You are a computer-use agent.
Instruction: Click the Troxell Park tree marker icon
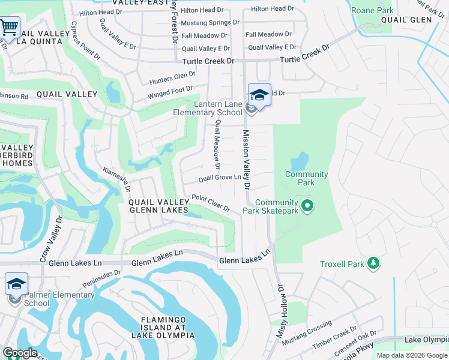[373, 263]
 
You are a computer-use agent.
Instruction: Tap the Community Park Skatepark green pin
[308, 206]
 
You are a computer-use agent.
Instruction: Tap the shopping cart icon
[8, 27]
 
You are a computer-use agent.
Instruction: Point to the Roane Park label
[372, 11]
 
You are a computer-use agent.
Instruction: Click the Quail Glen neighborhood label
[406, 20]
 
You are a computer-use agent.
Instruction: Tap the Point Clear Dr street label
[211, 203]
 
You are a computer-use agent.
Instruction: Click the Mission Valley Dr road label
[246, 158]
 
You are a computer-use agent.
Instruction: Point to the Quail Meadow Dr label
[217, 145]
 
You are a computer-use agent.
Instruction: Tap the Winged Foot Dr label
[170, 92]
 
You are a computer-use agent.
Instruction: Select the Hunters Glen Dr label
[172, 78]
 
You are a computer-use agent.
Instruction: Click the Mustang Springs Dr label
[209, 22]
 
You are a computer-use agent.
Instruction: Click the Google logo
[19, 353]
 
